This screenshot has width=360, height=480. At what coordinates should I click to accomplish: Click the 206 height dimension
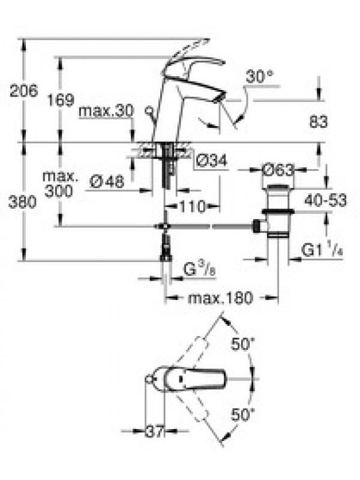[x=24, y=91]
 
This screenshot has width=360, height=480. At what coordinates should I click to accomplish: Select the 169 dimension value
[x=61, y=100]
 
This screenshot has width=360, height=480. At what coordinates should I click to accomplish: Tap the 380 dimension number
[x=22, y=202]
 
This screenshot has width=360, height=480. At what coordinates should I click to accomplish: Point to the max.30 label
[x=106, y=110]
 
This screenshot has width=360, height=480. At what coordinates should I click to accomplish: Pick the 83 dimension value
[x=319, y=122]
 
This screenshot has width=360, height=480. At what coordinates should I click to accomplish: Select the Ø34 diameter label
[x=212, y=160]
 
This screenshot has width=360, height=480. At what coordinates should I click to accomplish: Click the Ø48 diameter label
[x=107, y=182]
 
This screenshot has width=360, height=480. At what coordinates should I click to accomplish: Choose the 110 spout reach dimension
[x=192, y=206]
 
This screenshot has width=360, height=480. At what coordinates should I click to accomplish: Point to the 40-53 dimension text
[x=326, y=200]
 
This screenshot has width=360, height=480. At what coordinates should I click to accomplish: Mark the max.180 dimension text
[x=220, y=298]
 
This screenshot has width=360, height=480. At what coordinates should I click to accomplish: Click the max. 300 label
[x=59, y=184]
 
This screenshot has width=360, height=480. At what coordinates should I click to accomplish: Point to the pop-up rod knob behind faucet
[x=149, y=110]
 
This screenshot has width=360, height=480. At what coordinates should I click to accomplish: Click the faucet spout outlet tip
[x=220, y=97]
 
